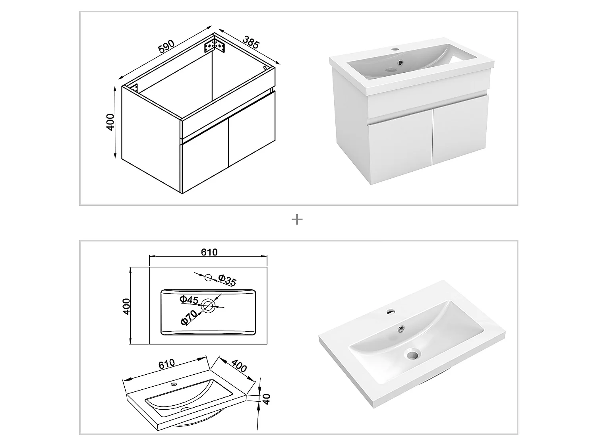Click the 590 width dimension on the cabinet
pyautogui.click(x=166, y=47)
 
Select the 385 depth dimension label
pyautogui.click(x=251, y=43)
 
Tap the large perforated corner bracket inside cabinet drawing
pyautogui.click(x=215, y=45)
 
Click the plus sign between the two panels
pyautogui.click(x=297, y=219)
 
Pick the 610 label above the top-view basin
pyautogui.click(x=209, y=252)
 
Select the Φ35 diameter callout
pyautogui.click(x=227, y=281)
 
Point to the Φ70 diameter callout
pyautogui.click(x=189, y=317)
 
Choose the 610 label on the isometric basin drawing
pyautogui.click(x=166, y=363)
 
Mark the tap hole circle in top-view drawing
pyautogui.click(x=208, y=278)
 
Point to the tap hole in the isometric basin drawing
pyautogui.click(x=173, y=384)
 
